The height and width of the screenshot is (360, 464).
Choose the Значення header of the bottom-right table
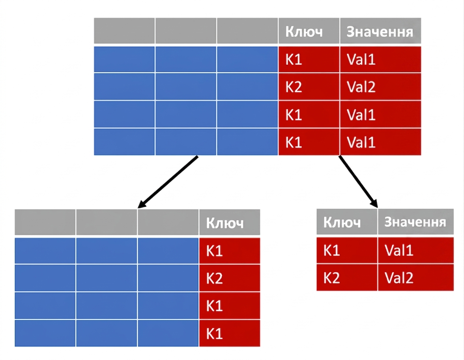pyautogui.click(x=415, y=222)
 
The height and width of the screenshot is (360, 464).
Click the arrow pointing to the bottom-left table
pyautogui.click(x=168, y=182)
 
